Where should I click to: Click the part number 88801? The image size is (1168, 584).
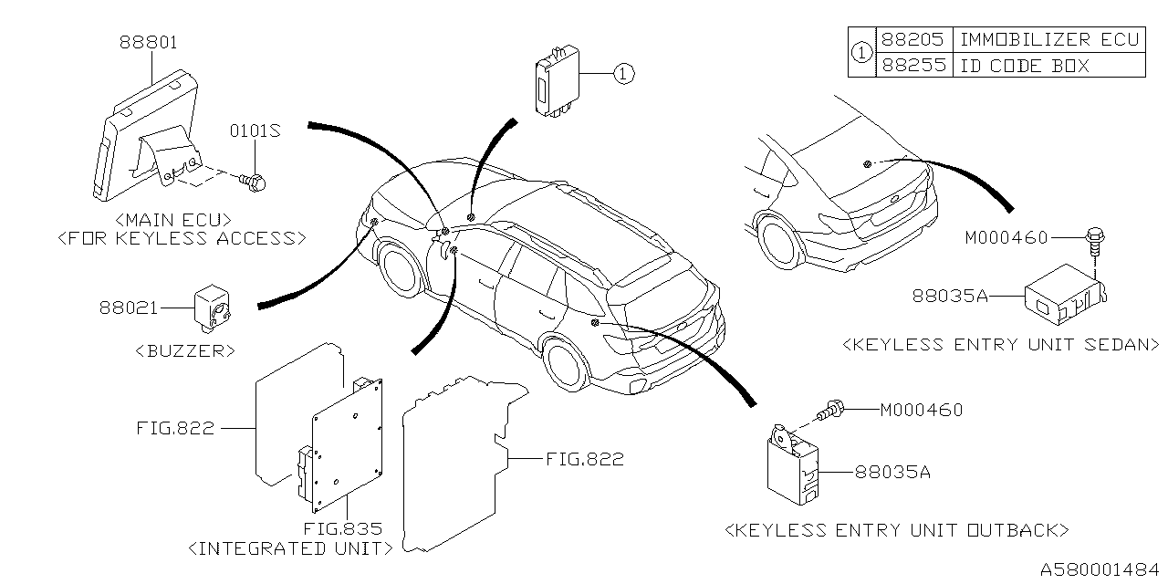148,42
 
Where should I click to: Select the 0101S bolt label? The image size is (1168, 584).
254,131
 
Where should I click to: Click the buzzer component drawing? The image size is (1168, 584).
214,305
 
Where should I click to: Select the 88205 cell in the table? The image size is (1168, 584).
913,39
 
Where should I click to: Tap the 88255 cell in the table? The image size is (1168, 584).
913,66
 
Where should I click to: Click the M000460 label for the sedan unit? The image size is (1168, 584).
1006,238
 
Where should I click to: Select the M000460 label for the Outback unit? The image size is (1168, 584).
921,411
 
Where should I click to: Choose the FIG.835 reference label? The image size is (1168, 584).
342,528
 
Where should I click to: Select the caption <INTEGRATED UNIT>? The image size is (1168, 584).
289,548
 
